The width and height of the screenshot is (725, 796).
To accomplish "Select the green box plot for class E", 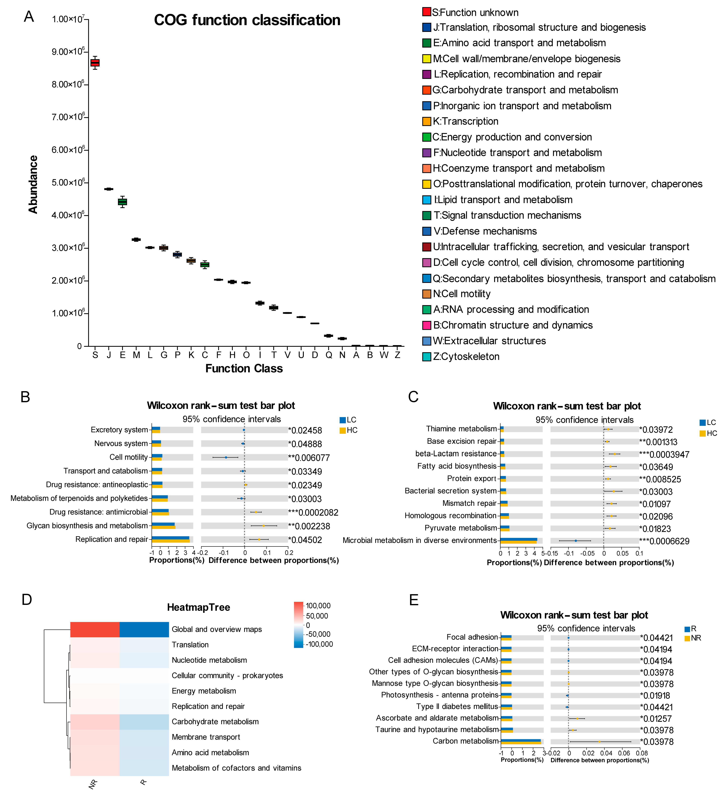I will tap(122, 202).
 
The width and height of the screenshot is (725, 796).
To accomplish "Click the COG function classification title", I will tap(247, 20).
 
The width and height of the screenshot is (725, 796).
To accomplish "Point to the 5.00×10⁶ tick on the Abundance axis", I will tap(68, 183).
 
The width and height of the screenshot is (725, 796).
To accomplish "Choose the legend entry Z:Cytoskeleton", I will tap(466, 356).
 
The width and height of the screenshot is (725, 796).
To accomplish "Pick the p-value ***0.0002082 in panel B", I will tap(313, 512).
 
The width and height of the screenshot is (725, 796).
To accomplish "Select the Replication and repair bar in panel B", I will tap(171, 539).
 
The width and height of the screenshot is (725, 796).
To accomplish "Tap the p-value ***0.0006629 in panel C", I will tap(664, 541).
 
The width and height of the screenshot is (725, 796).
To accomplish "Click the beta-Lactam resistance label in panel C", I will tap(456, 454).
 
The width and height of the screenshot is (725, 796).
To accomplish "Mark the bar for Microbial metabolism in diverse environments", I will tap(519, 541).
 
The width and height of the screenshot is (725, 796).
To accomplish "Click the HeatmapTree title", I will tap(198, 607).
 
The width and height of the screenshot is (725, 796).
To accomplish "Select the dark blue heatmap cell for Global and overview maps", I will tap(144, 629).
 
